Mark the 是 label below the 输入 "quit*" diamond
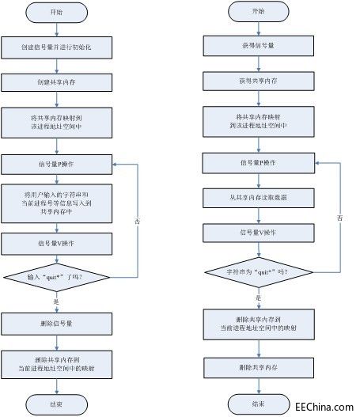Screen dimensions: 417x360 [56, 301]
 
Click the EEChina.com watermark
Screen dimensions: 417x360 [324, 407]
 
